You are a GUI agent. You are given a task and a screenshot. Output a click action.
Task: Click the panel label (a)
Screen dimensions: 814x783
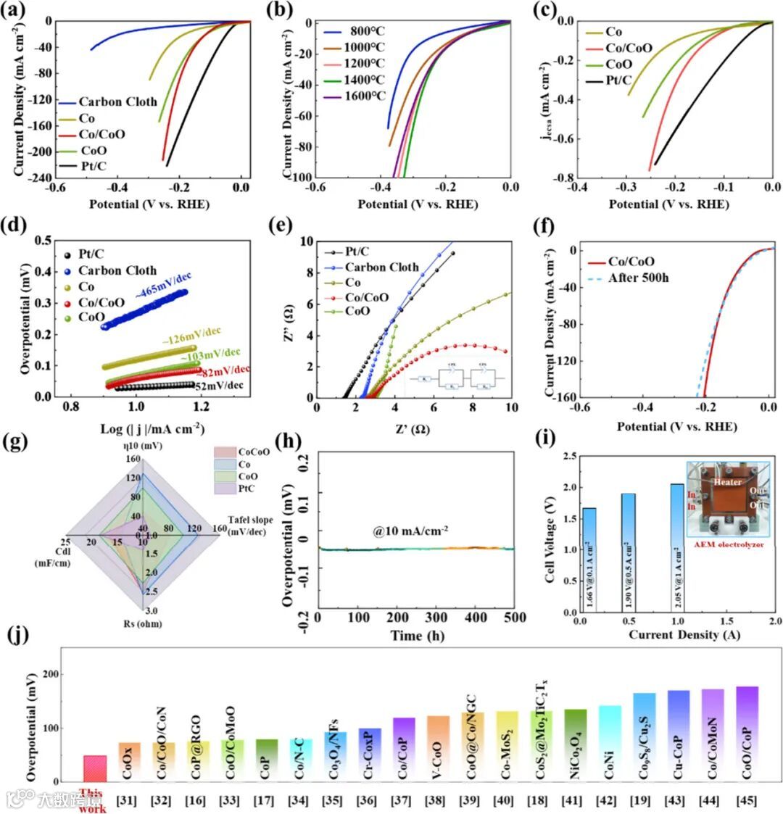[17, 9]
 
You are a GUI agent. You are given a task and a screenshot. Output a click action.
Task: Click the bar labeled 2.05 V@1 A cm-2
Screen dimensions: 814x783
[677, 547]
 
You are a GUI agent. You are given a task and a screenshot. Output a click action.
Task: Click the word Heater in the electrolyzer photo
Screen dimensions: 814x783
[726, 482]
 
